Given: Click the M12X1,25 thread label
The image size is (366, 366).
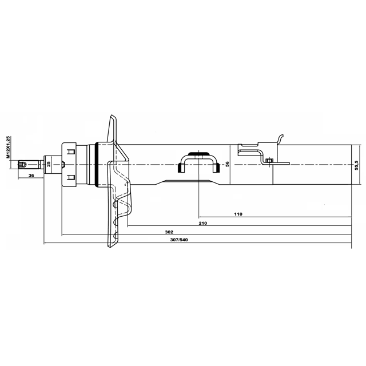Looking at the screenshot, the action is coord(8,148).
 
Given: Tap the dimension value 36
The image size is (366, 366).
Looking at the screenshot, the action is coord(31,176).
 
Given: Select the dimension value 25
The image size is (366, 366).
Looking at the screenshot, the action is coord(49,164).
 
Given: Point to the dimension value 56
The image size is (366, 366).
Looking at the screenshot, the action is coord(228,164).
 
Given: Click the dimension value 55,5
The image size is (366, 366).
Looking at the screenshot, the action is coord(356,165).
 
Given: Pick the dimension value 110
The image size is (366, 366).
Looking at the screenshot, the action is coord(238,214).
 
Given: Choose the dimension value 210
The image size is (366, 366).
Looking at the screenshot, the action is coord(203,223).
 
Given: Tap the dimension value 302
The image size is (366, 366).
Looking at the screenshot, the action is coord(169,232).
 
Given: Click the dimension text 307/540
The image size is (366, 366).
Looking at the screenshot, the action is coord(179,240).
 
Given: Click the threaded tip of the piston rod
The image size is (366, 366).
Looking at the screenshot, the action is coord(22,164).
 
